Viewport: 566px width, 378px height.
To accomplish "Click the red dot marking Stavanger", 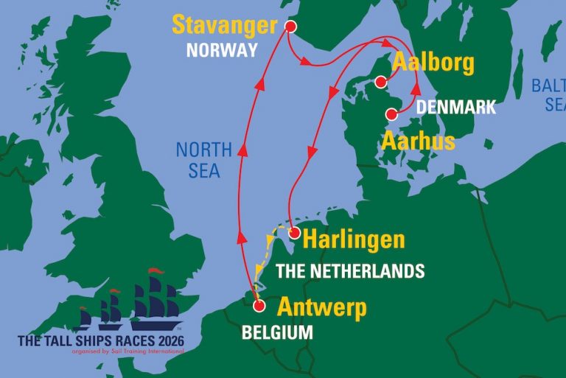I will pyautogui.click(x=290, y=27).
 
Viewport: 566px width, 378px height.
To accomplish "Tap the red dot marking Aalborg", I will pyautogui.click(x=380, y=82).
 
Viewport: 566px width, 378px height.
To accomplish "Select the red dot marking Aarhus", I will pyautogui.click(x=392, y=114).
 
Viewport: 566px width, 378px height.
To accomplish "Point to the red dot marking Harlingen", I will pyautogui.click(x=294, y=234).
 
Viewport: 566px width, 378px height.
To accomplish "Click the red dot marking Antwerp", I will pyautogui.click(x=259, y=306).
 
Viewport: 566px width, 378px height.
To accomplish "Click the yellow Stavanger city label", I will pyautogui.click(x=225, y=24).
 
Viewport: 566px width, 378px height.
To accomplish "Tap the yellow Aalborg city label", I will pyautogui.click(x=433, y=63).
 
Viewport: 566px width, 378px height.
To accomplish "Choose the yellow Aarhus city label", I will pyautogui.click(x=418, y=141).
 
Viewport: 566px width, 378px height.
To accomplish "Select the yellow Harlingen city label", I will pyautogui.click(x=354, y=240).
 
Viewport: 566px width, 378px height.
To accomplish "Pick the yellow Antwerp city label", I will pyautogui.click(x=321, y=307).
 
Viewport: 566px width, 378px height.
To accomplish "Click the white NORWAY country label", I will pyautogui.click(x=222, y=50).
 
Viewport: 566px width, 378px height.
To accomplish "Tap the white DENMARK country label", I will pyautogui.click(x=456, y=107).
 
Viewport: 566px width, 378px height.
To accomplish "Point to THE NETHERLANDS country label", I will pyautogui.click(x=350, y=270).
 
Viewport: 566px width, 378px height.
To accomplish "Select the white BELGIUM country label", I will pyautogui.click(x=277, y=332).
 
